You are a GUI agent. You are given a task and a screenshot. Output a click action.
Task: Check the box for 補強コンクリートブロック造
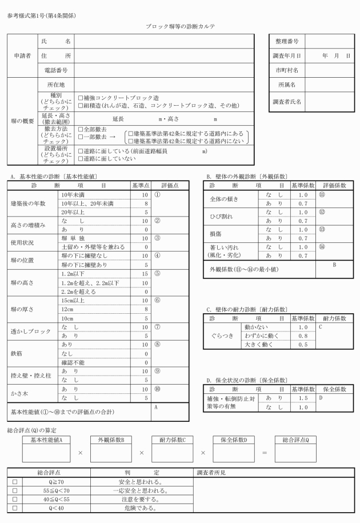[81, 98]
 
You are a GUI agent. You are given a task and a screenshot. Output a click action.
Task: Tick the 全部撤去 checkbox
[81, 130]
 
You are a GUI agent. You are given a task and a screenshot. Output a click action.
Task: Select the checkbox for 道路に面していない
[81, 158]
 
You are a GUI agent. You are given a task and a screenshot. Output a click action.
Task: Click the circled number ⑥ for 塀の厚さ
[157, 299]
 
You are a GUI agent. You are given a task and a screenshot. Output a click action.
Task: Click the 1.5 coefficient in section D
[302, 397]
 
